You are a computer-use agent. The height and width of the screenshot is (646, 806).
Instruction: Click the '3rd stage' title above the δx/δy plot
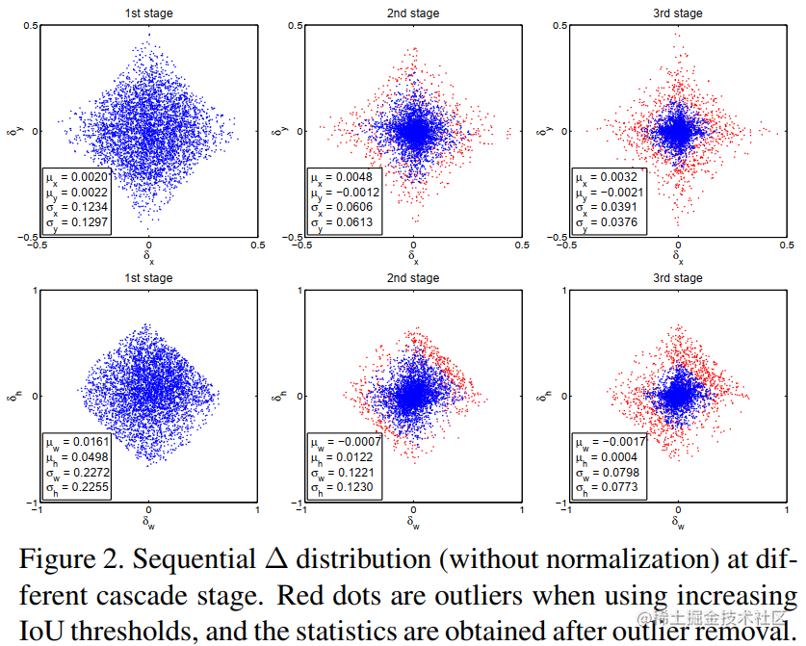tap(679, 13)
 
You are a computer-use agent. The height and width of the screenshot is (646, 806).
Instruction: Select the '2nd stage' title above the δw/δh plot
tap(414, 278)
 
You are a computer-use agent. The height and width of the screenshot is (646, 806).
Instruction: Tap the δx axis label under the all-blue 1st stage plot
tap(148, 259)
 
